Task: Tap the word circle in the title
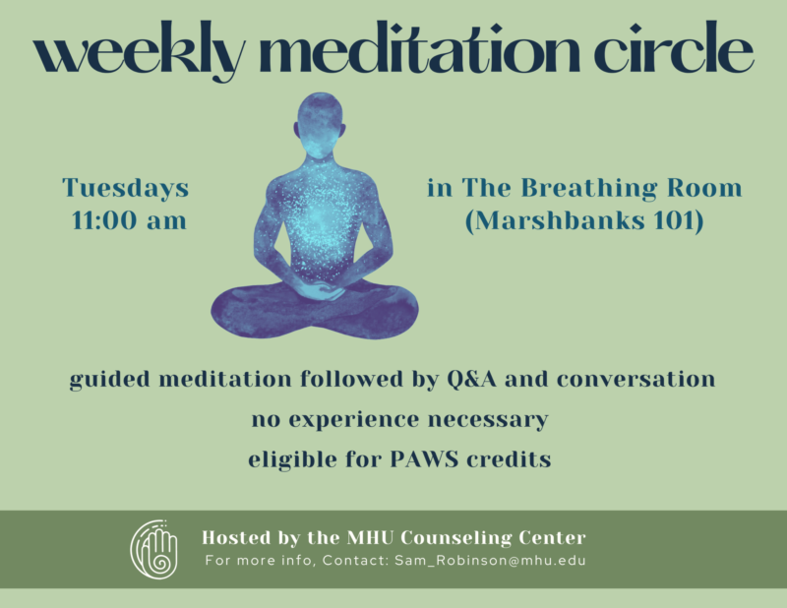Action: pos(674,46)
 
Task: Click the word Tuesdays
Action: pos(126,188)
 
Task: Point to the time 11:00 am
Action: pos(129,220)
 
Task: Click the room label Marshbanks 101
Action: pos(584,220)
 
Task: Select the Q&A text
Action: pos(472,379)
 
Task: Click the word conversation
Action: pos(636,379)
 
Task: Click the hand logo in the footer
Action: pos(154,549)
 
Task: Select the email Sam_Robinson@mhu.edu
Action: pos(490,561)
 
